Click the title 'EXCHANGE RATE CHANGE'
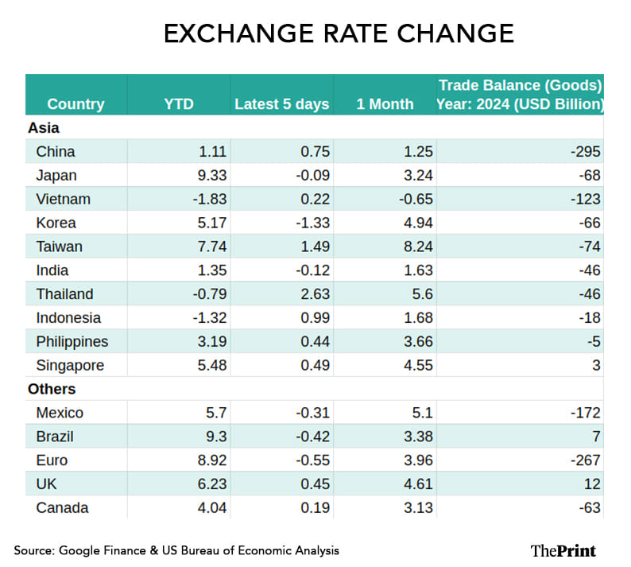(339, 34)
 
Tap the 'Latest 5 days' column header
(281, 104)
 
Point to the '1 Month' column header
(385, 104)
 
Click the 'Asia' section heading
(44, 127)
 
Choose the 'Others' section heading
(52, 389)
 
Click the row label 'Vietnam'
(63, 199)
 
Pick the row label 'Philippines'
(72, 342)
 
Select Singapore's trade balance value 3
(596, 366)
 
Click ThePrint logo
(563, 550)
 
